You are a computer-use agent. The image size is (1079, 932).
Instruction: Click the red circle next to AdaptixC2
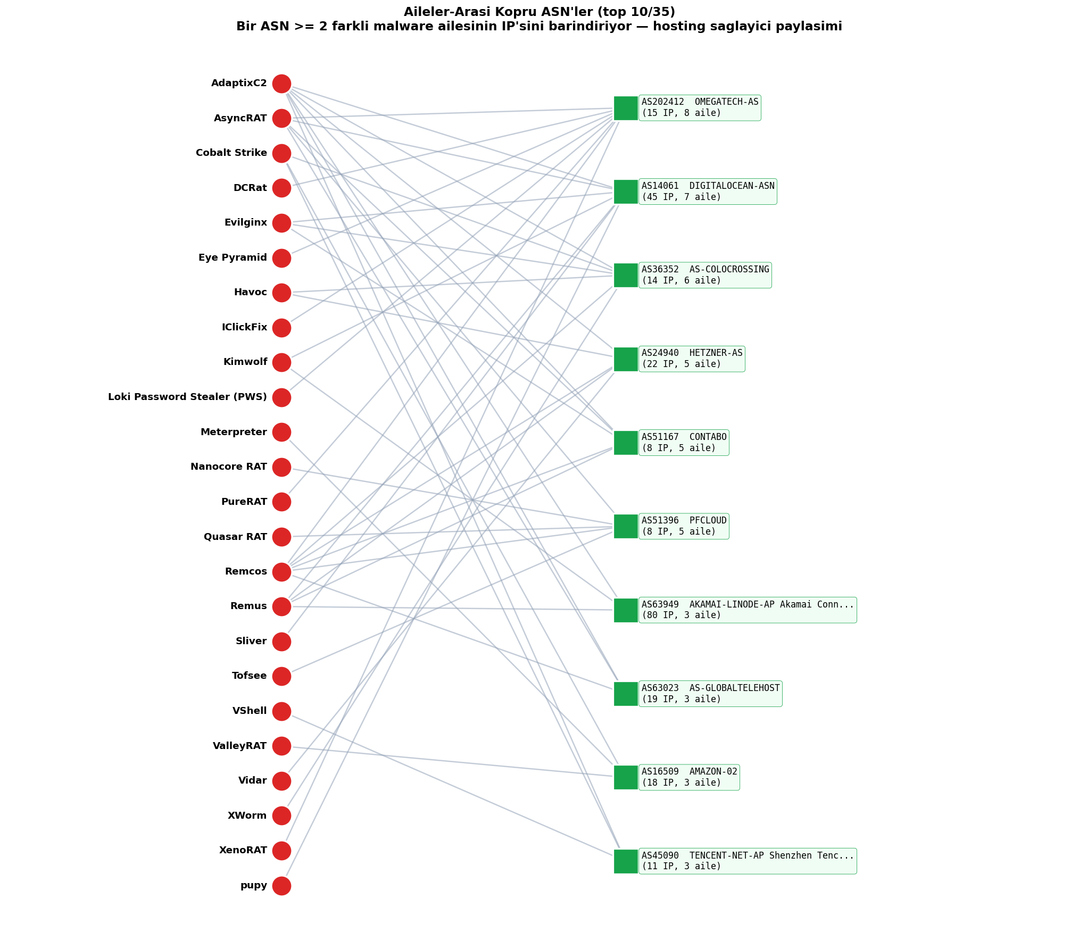281,84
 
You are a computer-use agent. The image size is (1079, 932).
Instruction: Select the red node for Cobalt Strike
281,153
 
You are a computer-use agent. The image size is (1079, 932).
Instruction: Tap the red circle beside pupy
281,886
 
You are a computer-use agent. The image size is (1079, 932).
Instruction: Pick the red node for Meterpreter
281,432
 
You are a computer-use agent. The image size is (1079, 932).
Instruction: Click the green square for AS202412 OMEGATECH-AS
626,108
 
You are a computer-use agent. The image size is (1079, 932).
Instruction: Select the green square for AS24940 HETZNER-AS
626,359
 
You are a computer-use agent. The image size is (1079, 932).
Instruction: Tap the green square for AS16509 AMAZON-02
626,777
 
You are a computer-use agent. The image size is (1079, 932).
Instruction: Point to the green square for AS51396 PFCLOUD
626,526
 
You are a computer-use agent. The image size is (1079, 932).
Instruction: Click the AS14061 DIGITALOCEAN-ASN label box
708,192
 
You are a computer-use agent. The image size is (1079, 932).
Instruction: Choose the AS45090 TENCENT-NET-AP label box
748,861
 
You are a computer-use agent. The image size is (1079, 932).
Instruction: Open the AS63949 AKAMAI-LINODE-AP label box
748,610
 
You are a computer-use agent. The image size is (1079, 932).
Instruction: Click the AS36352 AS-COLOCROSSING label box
705,275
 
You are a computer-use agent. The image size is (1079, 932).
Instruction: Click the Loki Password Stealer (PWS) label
187,397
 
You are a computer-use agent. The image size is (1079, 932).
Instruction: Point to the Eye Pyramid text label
233,258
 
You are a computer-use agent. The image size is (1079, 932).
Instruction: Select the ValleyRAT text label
239,746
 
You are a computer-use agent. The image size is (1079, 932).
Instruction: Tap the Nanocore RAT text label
229,467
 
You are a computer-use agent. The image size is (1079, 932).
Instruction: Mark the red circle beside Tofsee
281,676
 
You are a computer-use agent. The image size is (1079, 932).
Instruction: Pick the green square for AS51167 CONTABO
626,443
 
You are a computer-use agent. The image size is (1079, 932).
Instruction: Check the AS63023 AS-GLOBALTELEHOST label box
710,694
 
